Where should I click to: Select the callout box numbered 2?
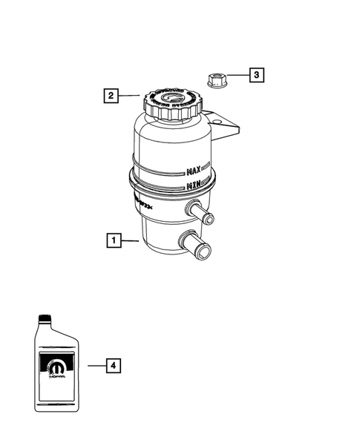[x=110, y=95]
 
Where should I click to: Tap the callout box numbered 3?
[x=255, y=75]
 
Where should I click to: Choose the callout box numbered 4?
[x=112, y=366]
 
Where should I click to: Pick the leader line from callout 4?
[x=94, y=366]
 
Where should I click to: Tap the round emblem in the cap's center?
[x=174, y=97]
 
